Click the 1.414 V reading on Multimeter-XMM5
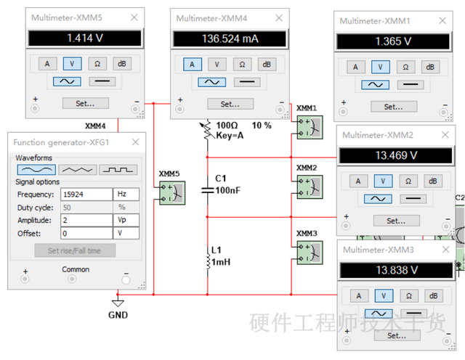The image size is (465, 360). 85,38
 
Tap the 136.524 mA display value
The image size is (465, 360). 230,38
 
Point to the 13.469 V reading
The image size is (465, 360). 396,155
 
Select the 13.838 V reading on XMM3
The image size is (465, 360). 397,270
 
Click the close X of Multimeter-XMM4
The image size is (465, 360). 279,18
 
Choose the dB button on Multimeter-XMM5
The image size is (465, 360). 122,64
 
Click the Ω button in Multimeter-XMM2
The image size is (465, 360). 408,181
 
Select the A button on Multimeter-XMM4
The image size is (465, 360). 192,65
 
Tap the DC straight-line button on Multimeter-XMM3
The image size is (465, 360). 413,313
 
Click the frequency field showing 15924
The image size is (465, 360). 86,195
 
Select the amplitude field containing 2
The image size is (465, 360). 86,220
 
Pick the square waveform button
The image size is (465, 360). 118,170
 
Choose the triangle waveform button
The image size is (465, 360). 78,170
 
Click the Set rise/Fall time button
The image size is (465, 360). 75,250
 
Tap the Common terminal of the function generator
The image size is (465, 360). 72,279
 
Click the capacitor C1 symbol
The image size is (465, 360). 208,190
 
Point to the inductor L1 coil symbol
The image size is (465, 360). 208,261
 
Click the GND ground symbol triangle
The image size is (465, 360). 118,303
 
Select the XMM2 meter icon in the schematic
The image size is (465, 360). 310,187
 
